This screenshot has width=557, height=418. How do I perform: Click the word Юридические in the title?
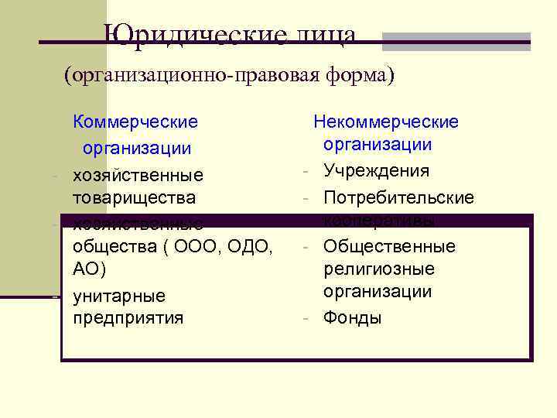coord(193,36)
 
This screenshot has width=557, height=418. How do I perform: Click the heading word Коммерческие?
coord(135,122)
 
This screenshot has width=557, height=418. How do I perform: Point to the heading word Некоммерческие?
coord(385,122)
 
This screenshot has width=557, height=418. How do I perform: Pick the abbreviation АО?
coord(87,269)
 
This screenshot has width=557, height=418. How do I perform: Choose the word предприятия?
coord(128,317)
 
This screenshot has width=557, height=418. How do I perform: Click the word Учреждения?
coord(377,170)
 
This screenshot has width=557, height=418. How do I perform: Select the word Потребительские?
coord(398,197)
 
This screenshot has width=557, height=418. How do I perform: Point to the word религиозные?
coord(379,269)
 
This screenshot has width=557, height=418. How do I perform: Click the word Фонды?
coord(353,317)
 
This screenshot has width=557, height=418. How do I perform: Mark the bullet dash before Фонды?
coord(307,317)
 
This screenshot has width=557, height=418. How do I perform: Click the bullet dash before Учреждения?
coord(307,170)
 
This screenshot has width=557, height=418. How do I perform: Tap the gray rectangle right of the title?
coord(456,42)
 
